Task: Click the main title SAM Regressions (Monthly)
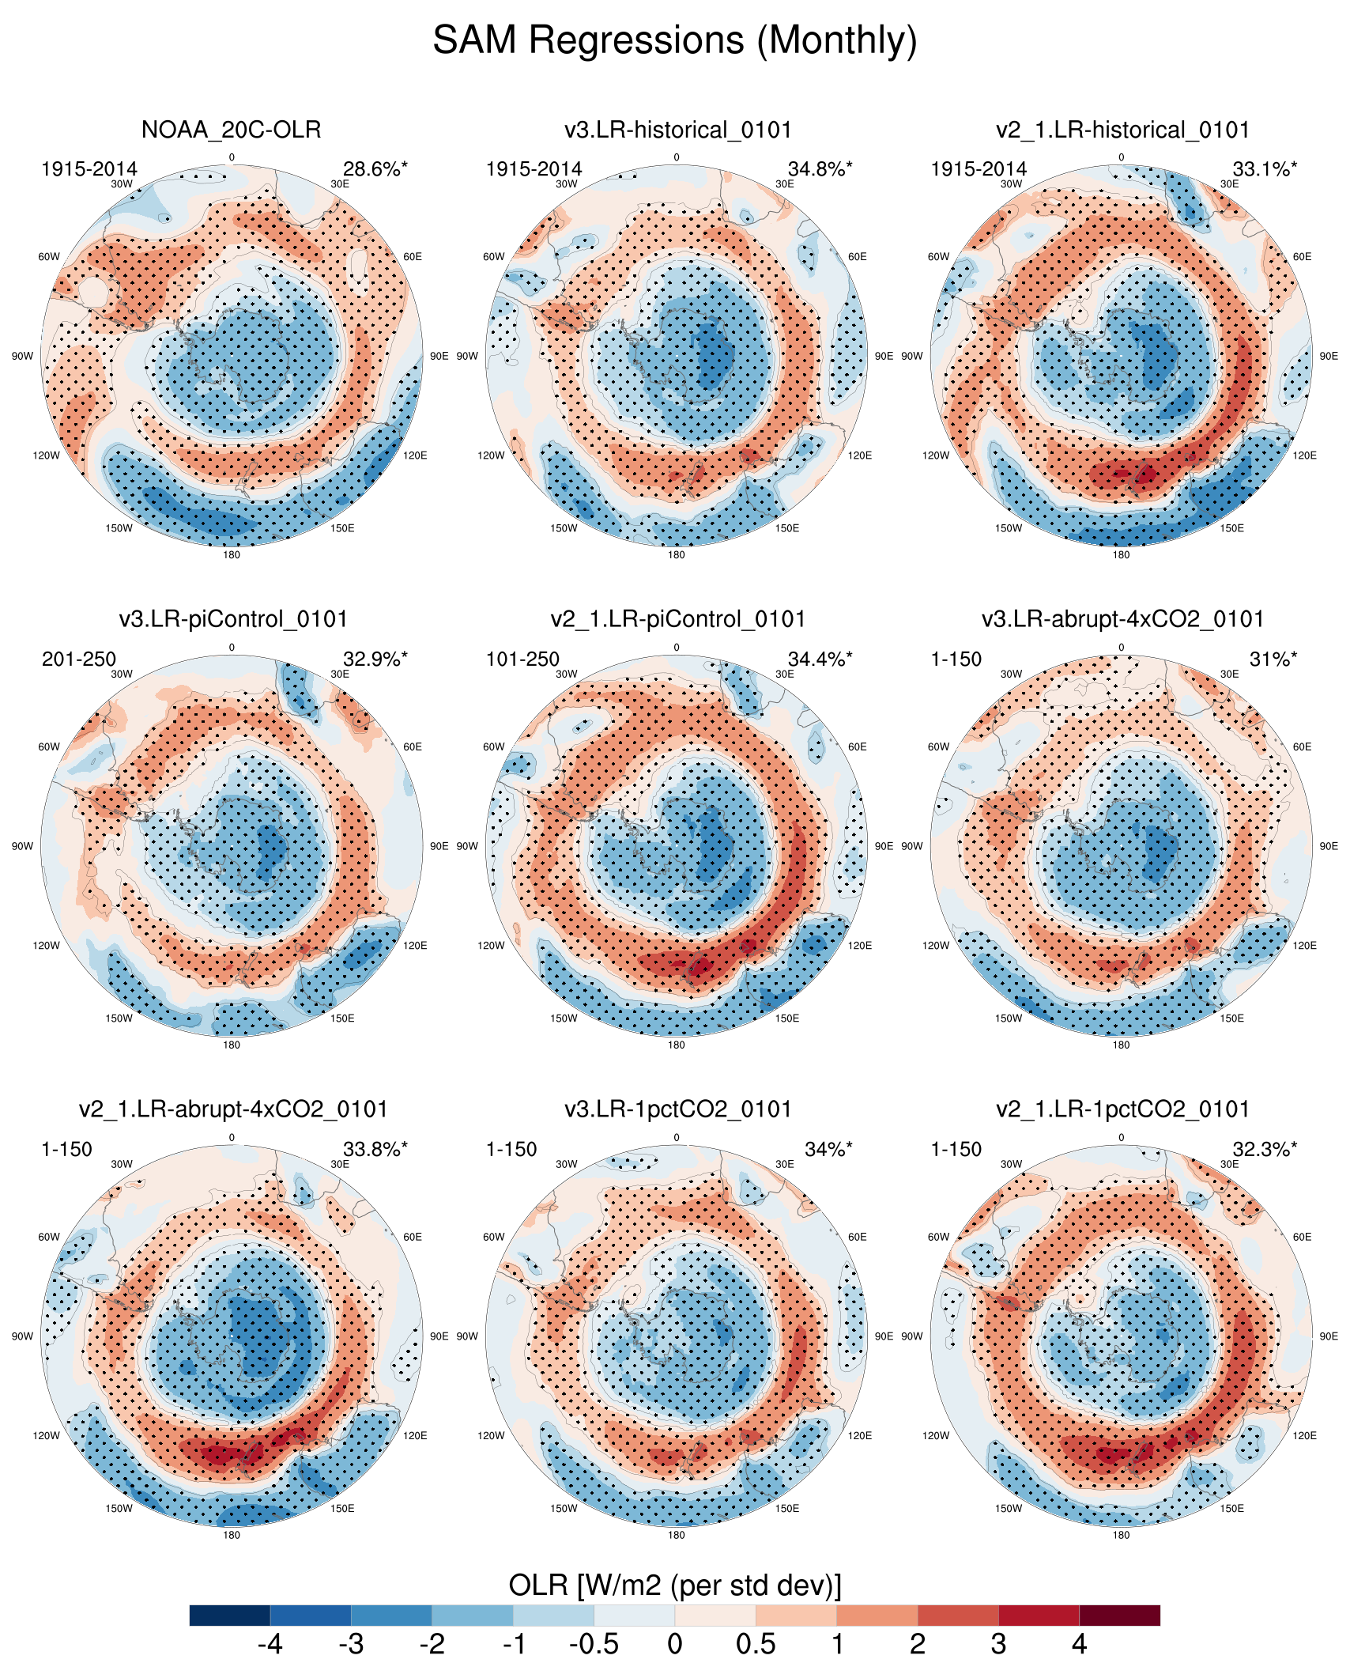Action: coord(675,40)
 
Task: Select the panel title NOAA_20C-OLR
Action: coord(232,130)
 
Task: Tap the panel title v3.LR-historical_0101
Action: coord(677,130)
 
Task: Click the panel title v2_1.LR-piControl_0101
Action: coord(677,619)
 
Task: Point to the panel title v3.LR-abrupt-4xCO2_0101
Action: coord(1122,619)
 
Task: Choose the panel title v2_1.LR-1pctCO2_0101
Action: coord(1122,1109)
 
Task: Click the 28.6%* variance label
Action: coord(375,169)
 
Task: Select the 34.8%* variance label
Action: coord(820,169)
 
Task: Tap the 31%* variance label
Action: coord(1273,659)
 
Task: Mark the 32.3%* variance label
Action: coord(1265,1150)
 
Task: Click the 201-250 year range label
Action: coord(79,659)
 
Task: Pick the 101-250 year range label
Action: coord(522,659)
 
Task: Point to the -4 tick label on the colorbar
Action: coord(270,1645)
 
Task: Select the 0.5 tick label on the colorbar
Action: coord(756,1645)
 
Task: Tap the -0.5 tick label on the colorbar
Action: coord(594,1645)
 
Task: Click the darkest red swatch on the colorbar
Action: coord(1119,1616)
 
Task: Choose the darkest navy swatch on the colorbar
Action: coord(230,1616)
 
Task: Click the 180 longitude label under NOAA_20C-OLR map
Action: coord(232,555)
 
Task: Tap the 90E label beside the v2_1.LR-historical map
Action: coord(1329,357)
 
